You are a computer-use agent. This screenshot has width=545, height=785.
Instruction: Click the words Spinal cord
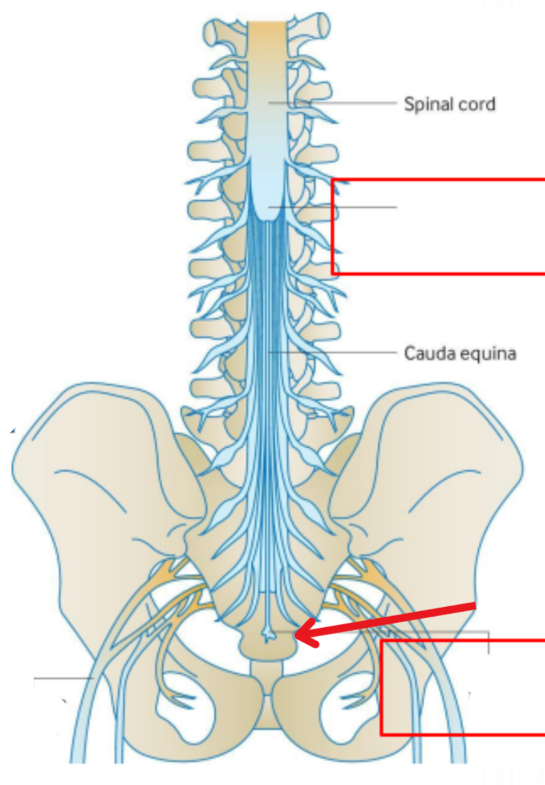pyautogui.click(x=449, y=105)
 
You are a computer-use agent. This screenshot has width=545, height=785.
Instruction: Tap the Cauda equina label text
pyautogui.click(x=460, y=353)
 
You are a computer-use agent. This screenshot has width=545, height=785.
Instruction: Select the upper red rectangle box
pyautogui.click(x=438, y=227)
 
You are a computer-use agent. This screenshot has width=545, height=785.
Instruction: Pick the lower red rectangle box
pyautogui.click(x=463, y=687)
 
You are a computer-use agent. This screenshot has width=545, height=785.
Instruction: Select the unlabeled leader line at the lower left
pyautogui.click(x=63, y=677)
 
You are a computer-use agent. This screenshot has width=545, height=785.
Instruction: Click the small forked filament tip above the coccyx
pyautogui.click(x=268, y=635)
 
